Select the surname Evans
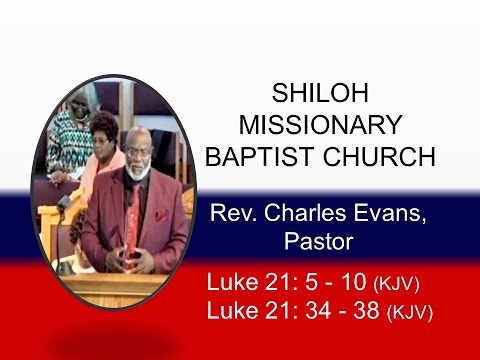pyautogui.click(x=378, y=214)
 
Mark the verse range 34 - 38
pyautogui.click(x=338, y=310)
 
